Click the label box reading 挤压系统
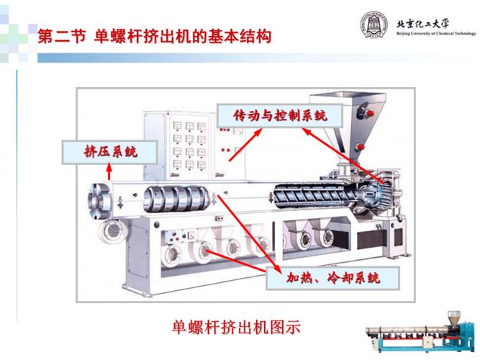(x=110, y=152)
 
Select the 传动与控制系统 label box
(x=280, y=116)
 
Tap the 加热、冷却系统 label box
(x=332, y=278)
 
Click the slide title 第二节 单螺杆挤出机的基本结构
(x=155, y=37)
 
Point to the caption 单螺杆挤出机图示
(x=236, y=327)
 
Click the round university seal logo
(x=373, y=24)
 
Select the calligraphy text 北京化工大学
(x=422, y=24)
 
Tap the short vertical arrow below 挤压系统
(x=109, y=171)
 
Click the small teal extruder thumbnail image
(x=421, y=334)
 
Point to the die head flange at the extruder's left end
(x=99, y=201)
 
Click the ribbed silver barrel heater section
(x=176, y=199)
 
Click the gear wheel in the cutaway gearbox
(x=386, y=194)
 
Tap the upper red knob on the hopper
(x=370, y=113)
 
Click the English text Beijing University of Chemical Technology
(x=436, y=33)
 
